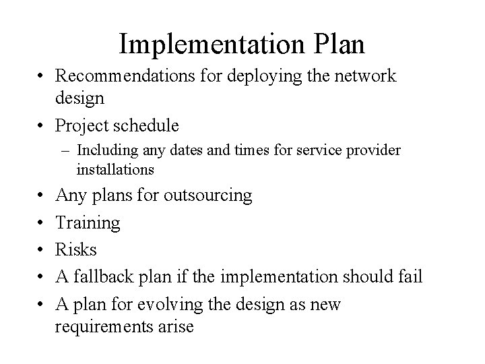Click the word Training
[88, 223]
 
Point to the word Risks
[76, 250]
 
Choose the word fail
[411, 277]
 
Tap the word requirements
[113, 327]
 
